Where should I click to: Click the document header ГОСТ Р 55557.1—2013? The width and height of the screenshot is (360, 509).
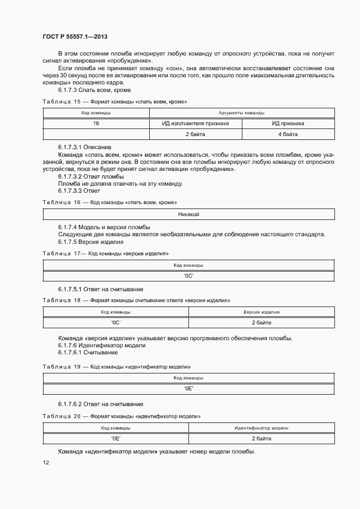(75, 36)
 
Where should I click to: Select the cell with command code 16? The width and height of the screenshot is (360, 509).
(96, 124)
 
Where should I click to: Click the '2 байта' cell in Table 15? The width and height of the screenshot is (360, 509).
(195, 134)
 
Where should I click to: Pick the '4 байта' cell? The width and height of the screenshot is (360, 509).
(288, 134)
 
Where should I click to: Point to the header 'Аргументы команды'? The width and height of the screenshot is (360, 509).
(242, 113)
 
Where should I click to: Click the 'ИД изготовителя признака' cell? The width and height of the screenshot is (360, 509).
(195, 124)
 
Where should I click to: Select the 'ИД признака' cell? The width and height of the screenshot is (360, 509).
(288, 124)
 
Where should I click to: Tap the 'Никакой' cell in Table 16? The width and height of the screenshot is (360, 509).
(188, 214)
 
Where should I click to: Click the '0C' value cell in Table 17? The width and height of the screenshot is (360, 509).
(188, 276)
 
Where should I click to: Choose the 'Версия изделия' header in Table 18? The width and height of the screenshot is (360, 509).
(261, 312)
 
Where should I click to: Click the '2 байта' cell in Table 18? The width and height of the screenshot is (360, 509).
(261, 323)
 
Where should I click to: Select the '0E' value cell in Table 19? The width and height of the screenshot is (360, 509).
(188, 389)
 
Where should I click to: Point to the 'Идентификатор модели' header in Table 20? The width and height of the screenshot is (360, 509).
(261, 428)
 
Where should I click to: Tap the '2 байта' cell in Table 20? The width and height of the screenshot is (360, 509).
(261, 438)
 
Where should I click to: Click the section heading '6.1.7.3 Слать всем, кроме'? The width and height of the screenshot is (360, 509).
(94, 90)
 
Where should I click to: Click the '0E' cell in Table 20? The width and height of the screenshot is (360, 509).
(115, 438)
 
